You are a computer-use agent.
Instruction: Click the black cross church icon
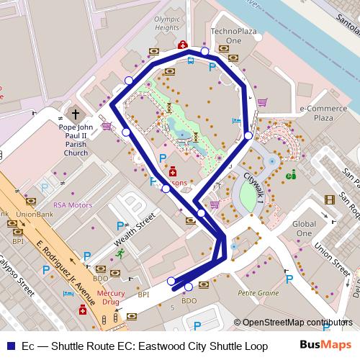coord(76,115)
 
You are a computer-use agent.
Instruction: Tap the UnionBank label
coord(35,214)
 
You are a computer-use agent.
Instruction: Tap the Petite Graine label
coord(259,293)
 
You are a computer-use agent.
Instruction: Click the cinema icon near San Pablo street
coord(330,199)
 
